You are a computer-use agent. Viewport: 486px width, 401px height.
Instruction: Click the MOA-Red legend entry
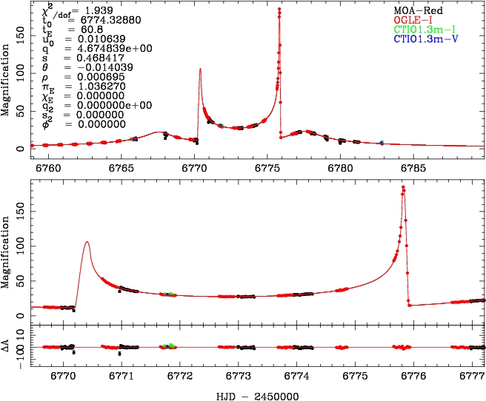click(x=414, y=9)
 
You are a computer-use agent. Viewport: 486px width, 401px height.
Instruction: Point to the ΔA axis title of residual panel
click(x=7, y=346)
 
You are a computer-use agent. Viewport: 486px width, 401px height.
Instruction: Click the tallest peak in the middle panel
click(x=403, y=186)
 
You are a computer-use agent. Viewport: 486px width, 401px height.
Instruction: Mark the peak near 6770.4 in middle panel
click(x=87, y=242)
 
